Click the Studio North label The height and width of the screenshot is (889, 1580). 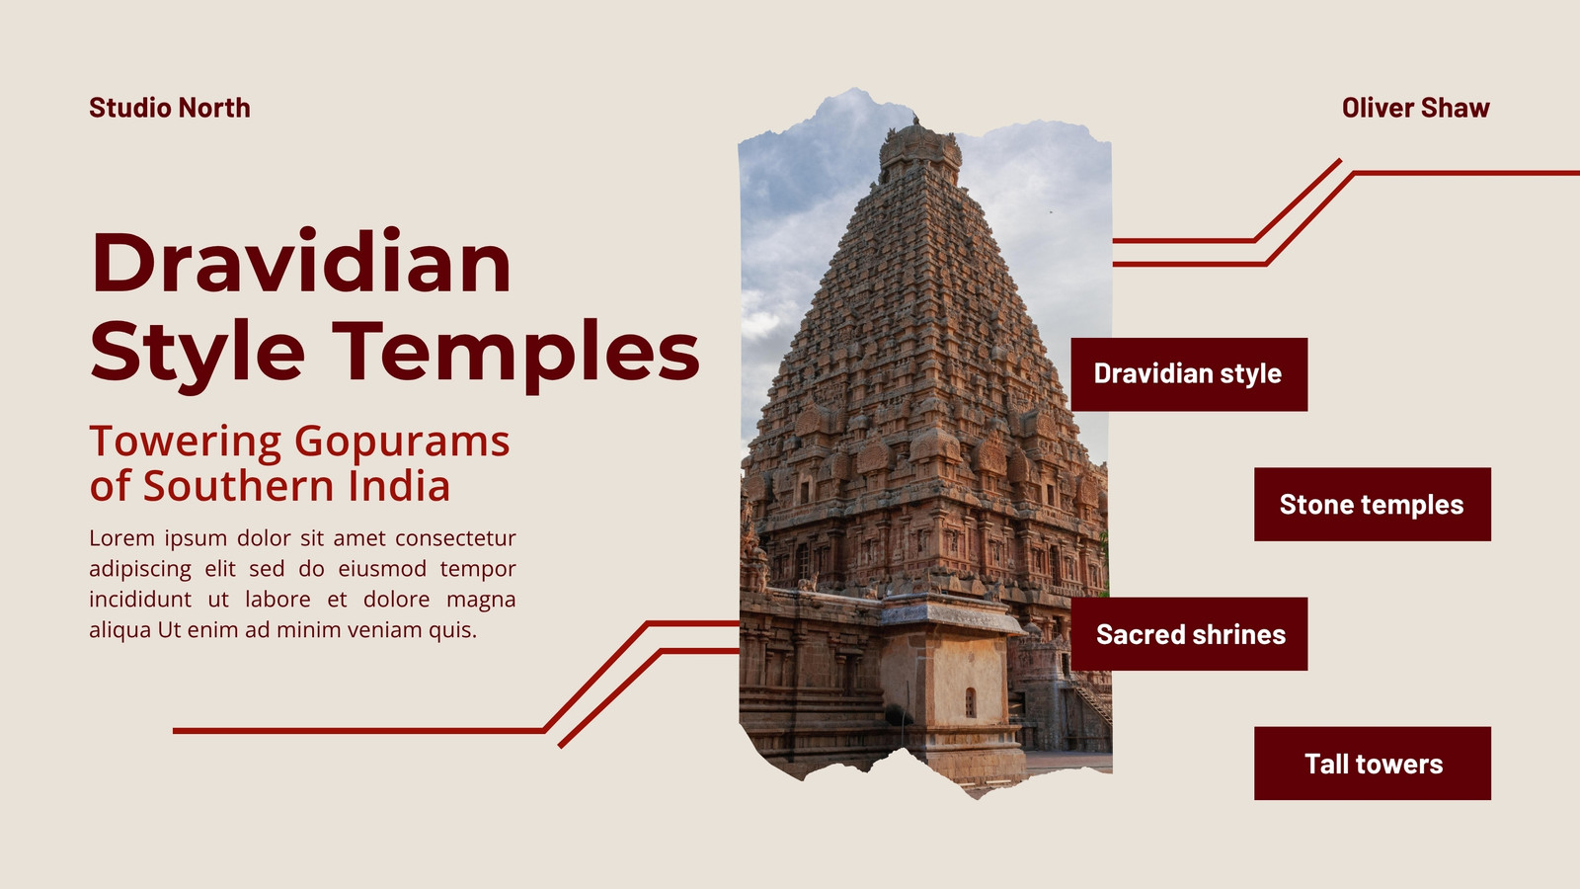[x=169, y=108]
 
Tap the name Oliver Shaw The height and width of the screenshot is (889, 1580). [x=1416, y=108]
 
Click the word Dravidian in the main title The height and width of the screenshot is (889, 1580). [x=301, y=261]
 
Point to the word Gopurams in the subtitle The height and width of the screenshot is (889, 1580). [x=401, y=443]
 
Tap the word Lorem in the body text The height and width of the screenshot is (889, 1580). [x=122, y=538]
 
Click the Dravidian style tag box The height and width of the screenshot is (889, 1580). [x=1189, y=374]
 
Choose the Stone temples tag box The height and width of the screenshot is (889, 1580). [x=1373, y=505]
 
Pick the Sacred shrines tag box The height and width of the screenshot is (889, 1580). [x=1189, y=633]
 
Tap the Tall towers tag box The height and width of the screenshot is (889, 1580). [x=1373, y=764]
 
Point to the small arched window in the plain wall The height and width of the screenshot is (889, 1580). [x=971, y=702]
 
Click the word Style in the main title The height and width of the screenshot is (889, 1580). [x=197, y=351]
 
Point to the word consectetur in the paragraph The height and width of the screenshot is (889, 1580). [x=455, y=538]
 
